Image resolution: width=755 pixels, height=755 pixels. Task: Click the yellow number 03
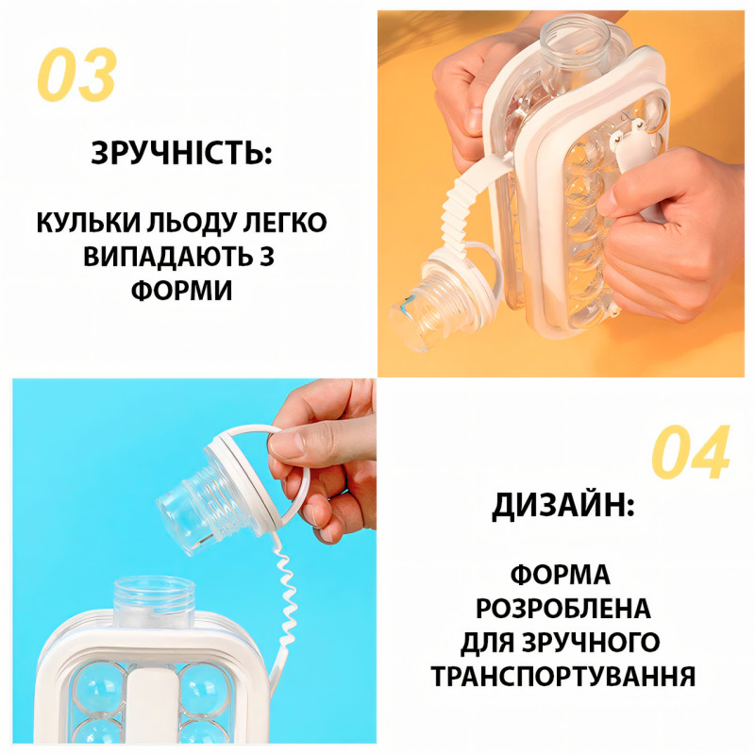tap(77, 75)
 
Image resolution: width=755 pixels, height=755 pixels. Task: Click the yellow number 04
tap(691, 452)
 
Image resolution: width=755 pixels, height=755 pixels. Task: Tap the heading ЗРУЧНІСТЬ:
tap(181, 153)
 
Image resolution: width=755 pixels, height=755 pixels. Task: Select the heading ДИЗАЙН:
tap(562, 505)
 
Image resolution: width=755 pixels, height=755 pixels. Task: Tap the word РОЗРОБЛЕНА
tap(562, 609)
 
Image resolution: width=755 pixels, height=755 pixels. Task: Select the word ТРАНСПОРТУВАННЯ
tap(562, 676)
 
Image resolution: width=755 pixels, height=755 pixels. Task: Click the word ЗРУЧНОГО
tap(591, 643)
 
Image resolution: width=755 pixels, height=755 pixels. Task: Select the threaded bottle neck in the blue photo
tap(153, 602)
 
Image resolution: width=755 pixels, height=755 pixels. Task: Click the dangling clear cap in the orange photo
tap(433, 303)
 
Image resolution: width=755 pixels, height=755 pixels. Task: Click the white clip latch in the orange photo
tap(630, 144)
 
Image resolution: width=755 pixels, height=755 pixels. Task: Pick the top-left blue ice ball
tap(99, 688)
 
